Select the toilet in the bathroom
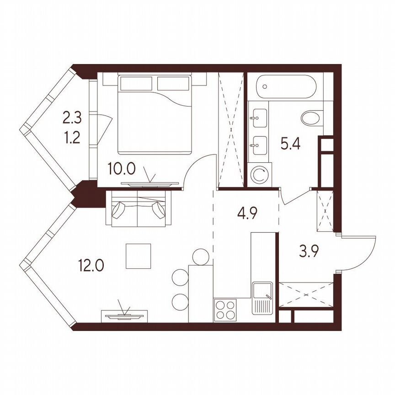click(x=312, y=118)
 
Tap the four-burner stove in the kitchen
click(x=225, y=310)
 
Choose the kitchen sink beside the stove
click(x=262, y=298)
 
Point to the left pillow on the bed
click(x=136, y=83)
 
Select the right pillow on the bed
click(x=173, y=83)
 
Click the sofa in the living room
click(x=139, y=208)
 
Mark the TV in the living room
click(x=124, y=315)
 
